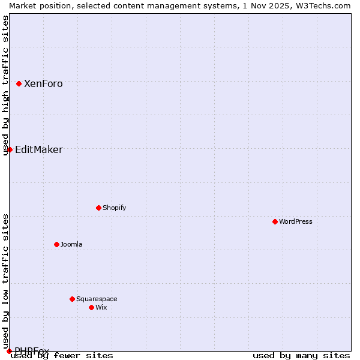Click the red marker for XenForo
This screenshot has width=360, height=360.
19,83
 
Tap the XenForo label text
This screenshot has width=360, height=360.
43,84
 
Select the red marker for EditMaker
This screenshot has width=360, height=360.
10,149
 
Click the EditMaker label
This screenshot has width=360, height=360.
38,150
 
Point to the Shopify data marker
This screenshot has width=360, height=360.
98,208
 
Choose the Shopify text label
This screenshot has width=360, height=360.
114,208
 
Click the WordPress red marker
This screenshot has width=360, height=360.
275,221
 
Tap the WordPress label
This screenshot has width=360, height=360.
295,222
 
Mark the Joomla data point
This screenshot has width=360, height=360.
56,244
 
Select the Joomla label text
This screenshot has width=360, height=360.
71,245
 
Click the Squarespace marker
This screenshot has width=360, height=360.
72,299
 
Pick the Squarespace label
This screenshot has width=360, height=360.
97,299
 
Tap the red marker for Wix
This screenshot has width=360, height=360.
91,307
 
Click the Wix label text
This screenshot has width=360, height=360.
101,308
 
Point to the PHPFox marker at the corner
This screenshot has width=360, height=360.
9,351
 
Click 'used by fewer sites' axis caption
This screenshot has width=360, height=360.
62,356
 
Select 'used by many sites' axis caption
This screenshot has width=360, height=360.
301,356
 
